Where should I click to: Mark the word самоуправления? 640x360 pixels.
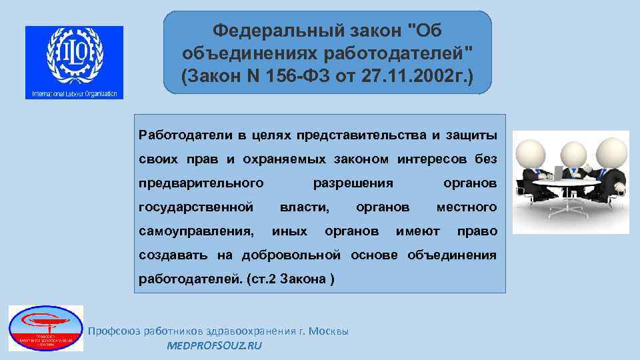[x=197, y=231]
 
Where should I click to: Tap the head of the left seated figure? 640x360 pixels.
[x=533, y=148]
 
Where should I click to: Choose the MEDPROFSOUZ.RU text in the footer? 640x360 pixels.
[x=214, y=345]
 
